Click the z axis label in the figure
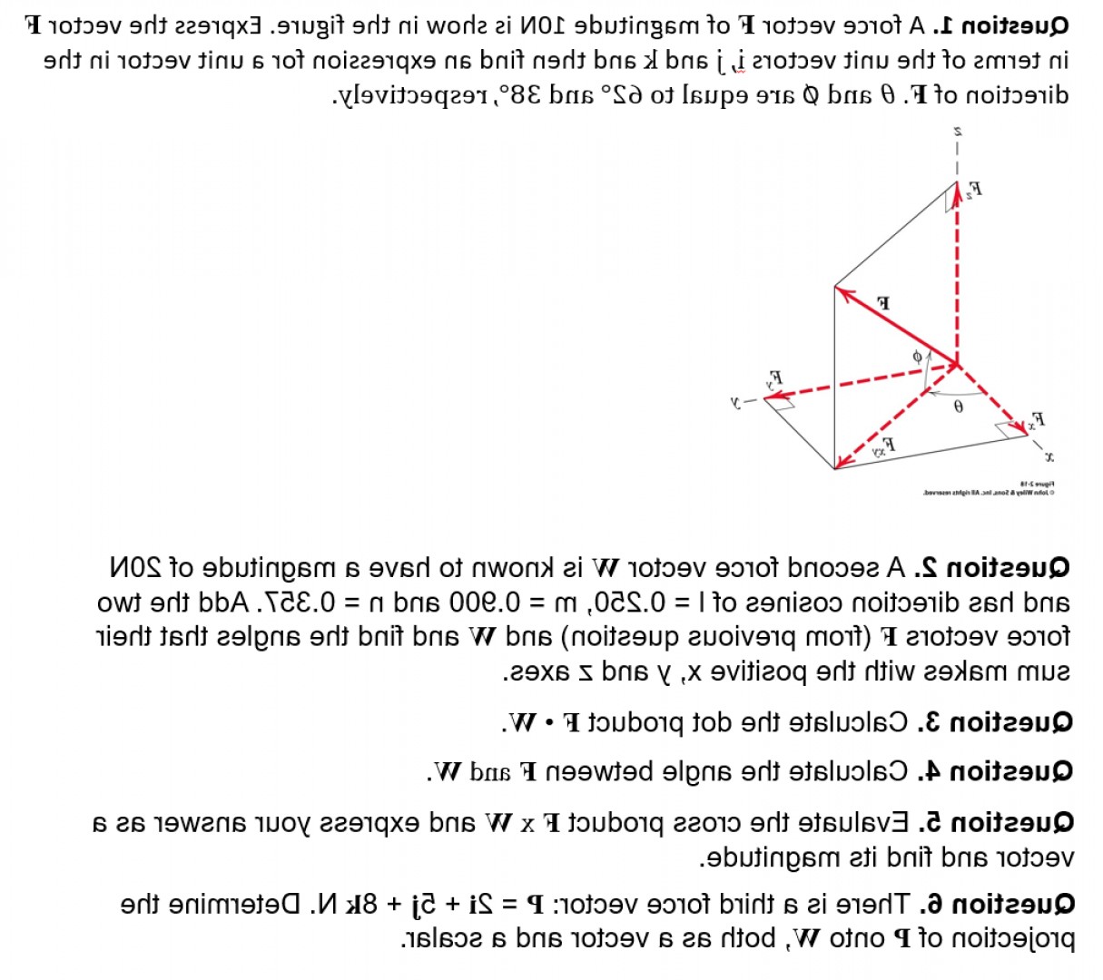point(957,132)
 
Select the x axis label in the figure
point(1049,455)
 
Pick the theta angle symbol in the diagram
point(958,407)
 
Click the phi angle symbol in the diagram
point(917,357)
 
